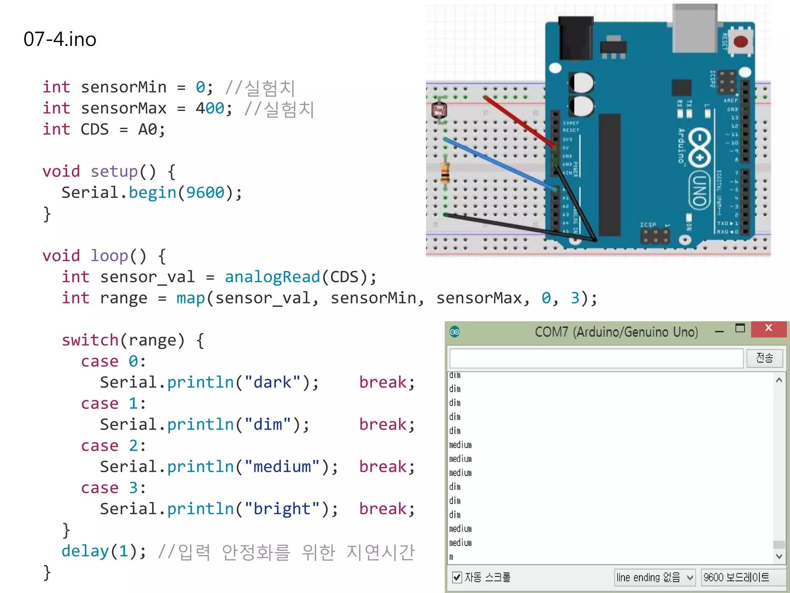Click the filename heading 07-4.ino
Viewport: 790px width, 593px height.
[x=60, y=39]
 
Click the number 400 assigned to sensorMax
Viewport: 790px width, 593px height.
[x=209, y=108]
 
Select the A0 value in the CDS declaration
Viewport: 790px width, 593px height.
[x=147, y=130]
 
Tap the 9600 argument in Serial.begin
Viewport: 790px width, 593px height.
[x=205, y=193]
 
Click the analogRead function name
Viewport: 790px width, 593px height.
[x=272, y=277]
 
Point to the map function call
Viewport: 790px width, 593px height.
[x=191, y=298]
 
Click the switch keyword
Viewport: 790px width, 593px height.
[x=90, y=341]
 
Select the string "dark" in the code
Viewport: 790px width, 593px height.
[x=272, y=383]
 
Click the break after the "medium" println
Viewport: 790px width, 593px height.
[x=383, y=467]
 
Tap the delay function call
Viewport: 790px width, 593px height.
[x=85, y=551]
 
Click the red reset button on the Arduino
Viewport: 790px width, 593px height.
[x=740, y=41]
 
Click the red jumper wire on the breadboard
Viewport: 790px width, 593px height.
[x=519, y=121]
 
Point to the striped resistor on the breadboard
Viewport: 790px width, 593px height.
[x=445, y=173]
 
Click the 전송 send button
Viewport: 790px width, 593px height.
[x=764, y=358]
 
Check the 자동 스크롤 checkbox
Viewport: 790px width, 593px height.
[x=457, y=577]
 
